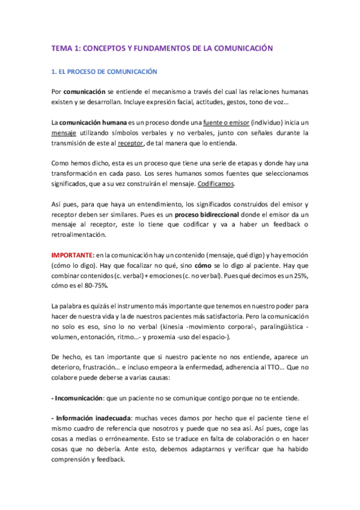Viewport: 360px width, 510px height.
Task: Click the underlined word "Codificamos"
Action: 216,184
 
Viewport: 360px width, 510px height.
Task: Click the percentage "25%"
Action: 301,276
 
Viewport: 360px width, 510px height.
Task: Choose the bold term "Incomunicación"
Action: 79,399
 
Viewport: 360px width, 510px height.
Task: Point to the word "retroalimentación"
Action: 81,235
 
